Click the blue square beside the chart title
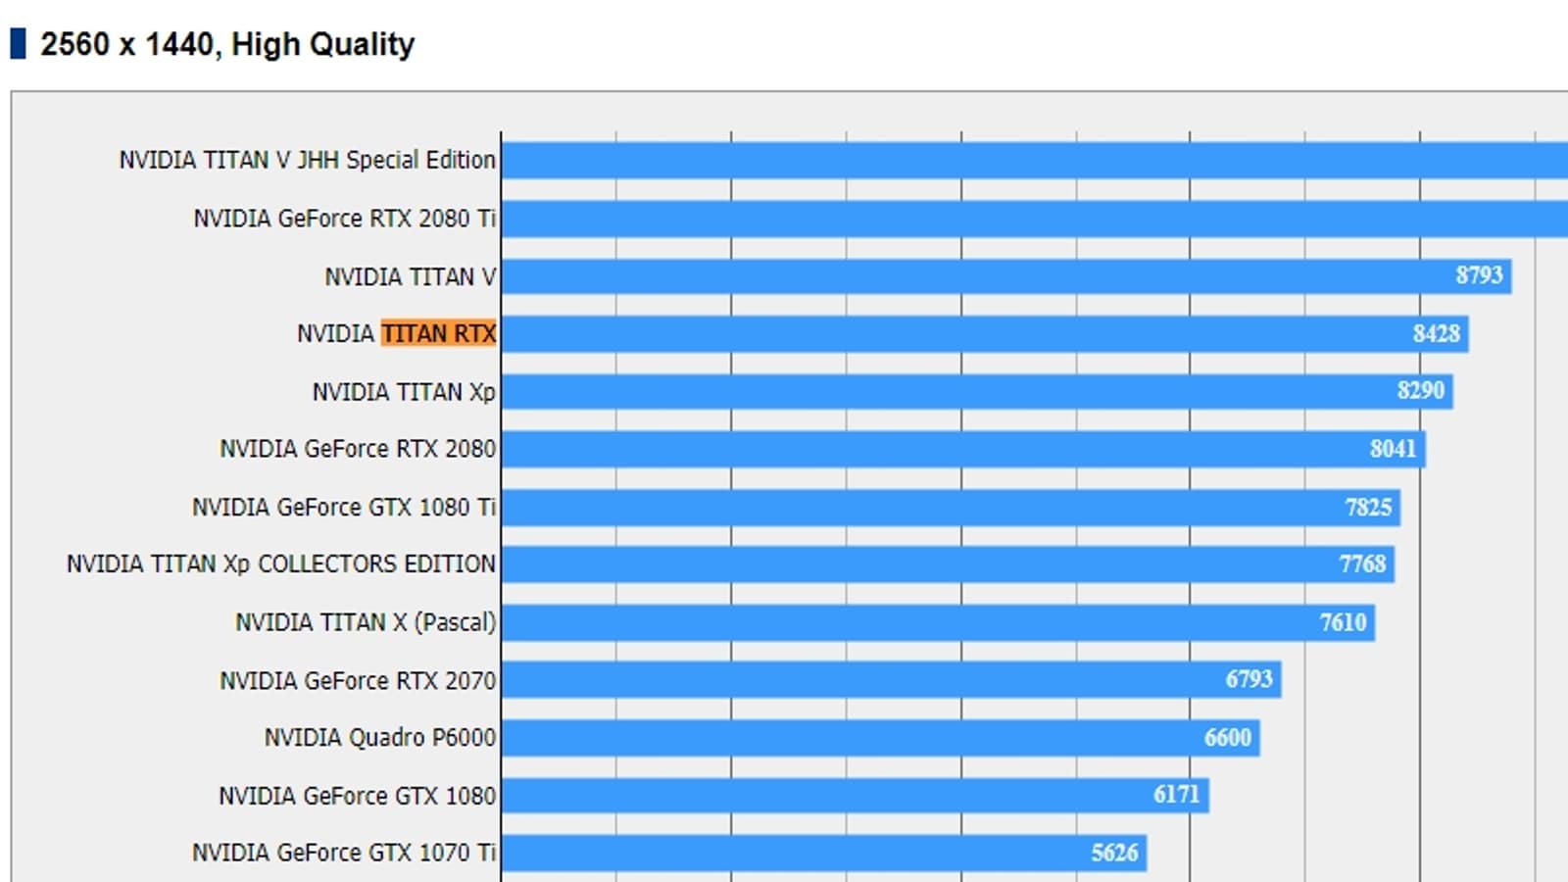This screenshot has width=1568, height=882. coord(18,44)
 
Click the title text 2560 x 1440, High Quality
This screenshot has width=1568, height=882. coord(227,44)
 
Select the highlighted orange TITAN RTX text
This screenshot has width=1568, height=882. coord(438,334)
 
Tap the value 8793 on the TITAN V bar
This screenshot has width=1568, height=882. coord(1478,275)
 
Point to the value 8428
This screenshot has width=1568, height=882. coord(1436,334)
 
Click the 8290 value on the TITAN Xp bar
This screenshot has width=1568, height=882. coord(1420,391)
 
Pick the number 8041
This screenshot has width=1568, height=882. coord(1393,449)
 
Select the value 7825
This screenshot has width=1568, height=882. coord(1368,507)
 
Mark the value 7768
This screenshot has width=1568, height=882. coord(1362,564)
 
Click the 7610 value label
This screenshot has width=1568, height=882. coord(1343,622)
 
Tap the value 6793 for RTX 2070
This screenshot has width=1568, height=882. coord(1249,679)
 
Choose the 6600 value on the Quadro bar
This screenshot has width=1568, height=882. coord(1227,737)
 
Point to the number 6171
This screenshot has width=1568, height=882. coord(1176,795)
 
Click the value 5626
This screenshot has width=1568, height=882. coord(1114,853)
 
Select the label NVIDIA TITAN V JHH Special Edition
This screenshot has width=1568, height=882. coord(307,160)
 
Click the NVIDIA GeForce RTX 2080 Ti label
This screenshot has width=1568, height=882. coord(344,219)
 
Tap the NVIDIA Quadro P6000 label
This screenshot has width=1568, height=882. coord(379,737)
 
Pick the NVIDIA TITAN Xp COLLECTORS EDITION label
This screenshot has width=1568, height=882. coord(280,564)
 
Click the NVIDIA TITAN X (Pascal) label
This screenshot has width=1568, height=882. coord(365,622)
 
